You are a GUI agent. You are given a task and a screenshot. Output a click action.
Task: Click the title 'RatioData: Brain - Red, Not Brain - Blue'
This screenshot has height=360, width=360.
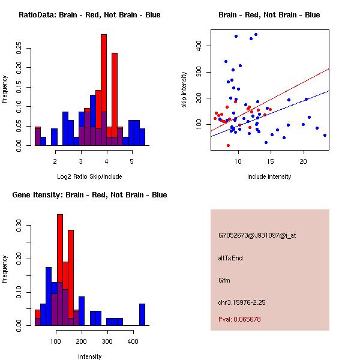[x=89, y=15]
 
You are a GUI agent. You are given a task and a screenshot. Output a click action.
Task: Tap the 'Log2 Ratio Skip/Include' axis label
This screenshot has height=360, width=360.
[x=89, y=176]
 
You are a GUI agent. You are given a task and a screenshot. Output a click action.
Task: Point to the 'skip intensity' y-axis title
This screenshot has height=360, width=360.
[x=184, y=90]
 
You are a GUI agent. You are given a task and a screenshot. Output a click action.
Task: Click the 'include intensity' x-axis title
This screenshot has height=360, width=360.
[x=269, y=176]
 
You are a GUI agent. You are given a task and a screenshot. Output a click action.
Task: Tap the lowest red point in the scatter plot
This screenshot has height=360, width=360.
[x=228, y=145]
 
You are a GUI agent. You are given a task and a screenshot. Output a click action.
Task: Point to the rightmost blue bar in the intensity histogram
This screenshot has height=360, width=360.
[x=142, y=314]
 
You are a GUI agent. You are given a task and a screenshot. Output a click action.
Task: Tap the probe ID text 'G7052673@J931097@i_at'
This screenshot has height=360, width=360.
[x=257, y=235]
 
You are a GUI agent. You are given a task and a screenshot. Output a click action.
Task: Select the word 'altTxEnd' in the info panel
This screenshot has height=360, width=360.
[x=230, y=258]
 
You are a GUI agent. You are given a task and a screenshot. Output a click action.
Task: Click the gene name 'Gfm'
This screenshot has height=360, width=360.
[x=224, y=280]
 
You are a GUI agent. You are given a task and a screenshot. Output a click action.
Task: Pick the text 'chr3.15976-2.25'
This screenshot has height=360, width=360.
[x=242, y=302]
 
